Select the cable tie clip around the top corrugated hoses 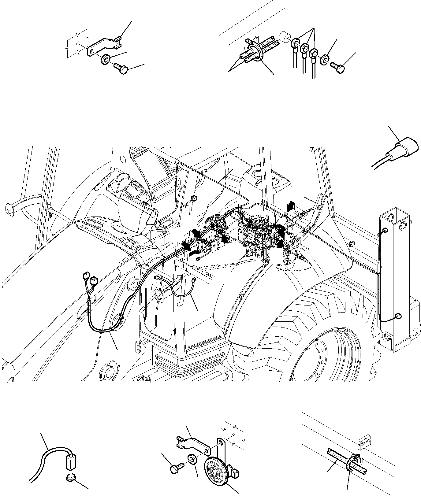[x=255, y=51]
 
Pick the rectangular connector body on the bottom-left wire [x=71, y=459]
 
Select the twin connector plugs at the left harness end [x=90, y=279]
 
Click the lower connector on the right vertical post [x=398, y=316]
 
